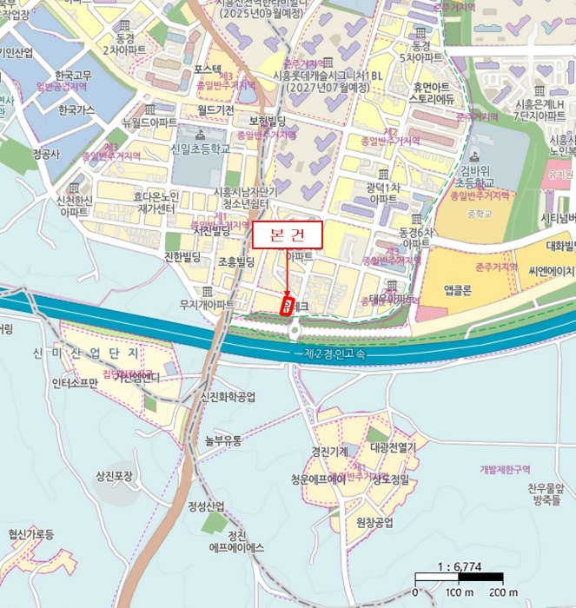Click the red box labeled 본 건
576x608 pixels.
[x=286, y=234]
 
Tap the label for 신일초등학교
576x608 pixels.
[x=202, y=149]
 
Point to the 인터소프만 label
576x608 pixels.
[x=75, y=381]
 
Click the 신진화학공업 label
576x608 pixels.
[x=228, y=397]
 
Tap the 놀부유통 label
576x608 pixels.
[x=222, y=439]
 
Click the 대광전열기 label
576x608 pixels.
[x=394, y=448]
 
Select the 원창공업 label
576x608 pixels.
[x=374, y=522]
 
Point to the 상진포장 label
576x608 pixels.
[x=113, y=475]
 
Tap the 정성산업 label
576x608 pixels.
[x=206, y=506]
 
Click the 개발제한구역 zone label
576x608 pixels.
[x=505, y=470]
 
